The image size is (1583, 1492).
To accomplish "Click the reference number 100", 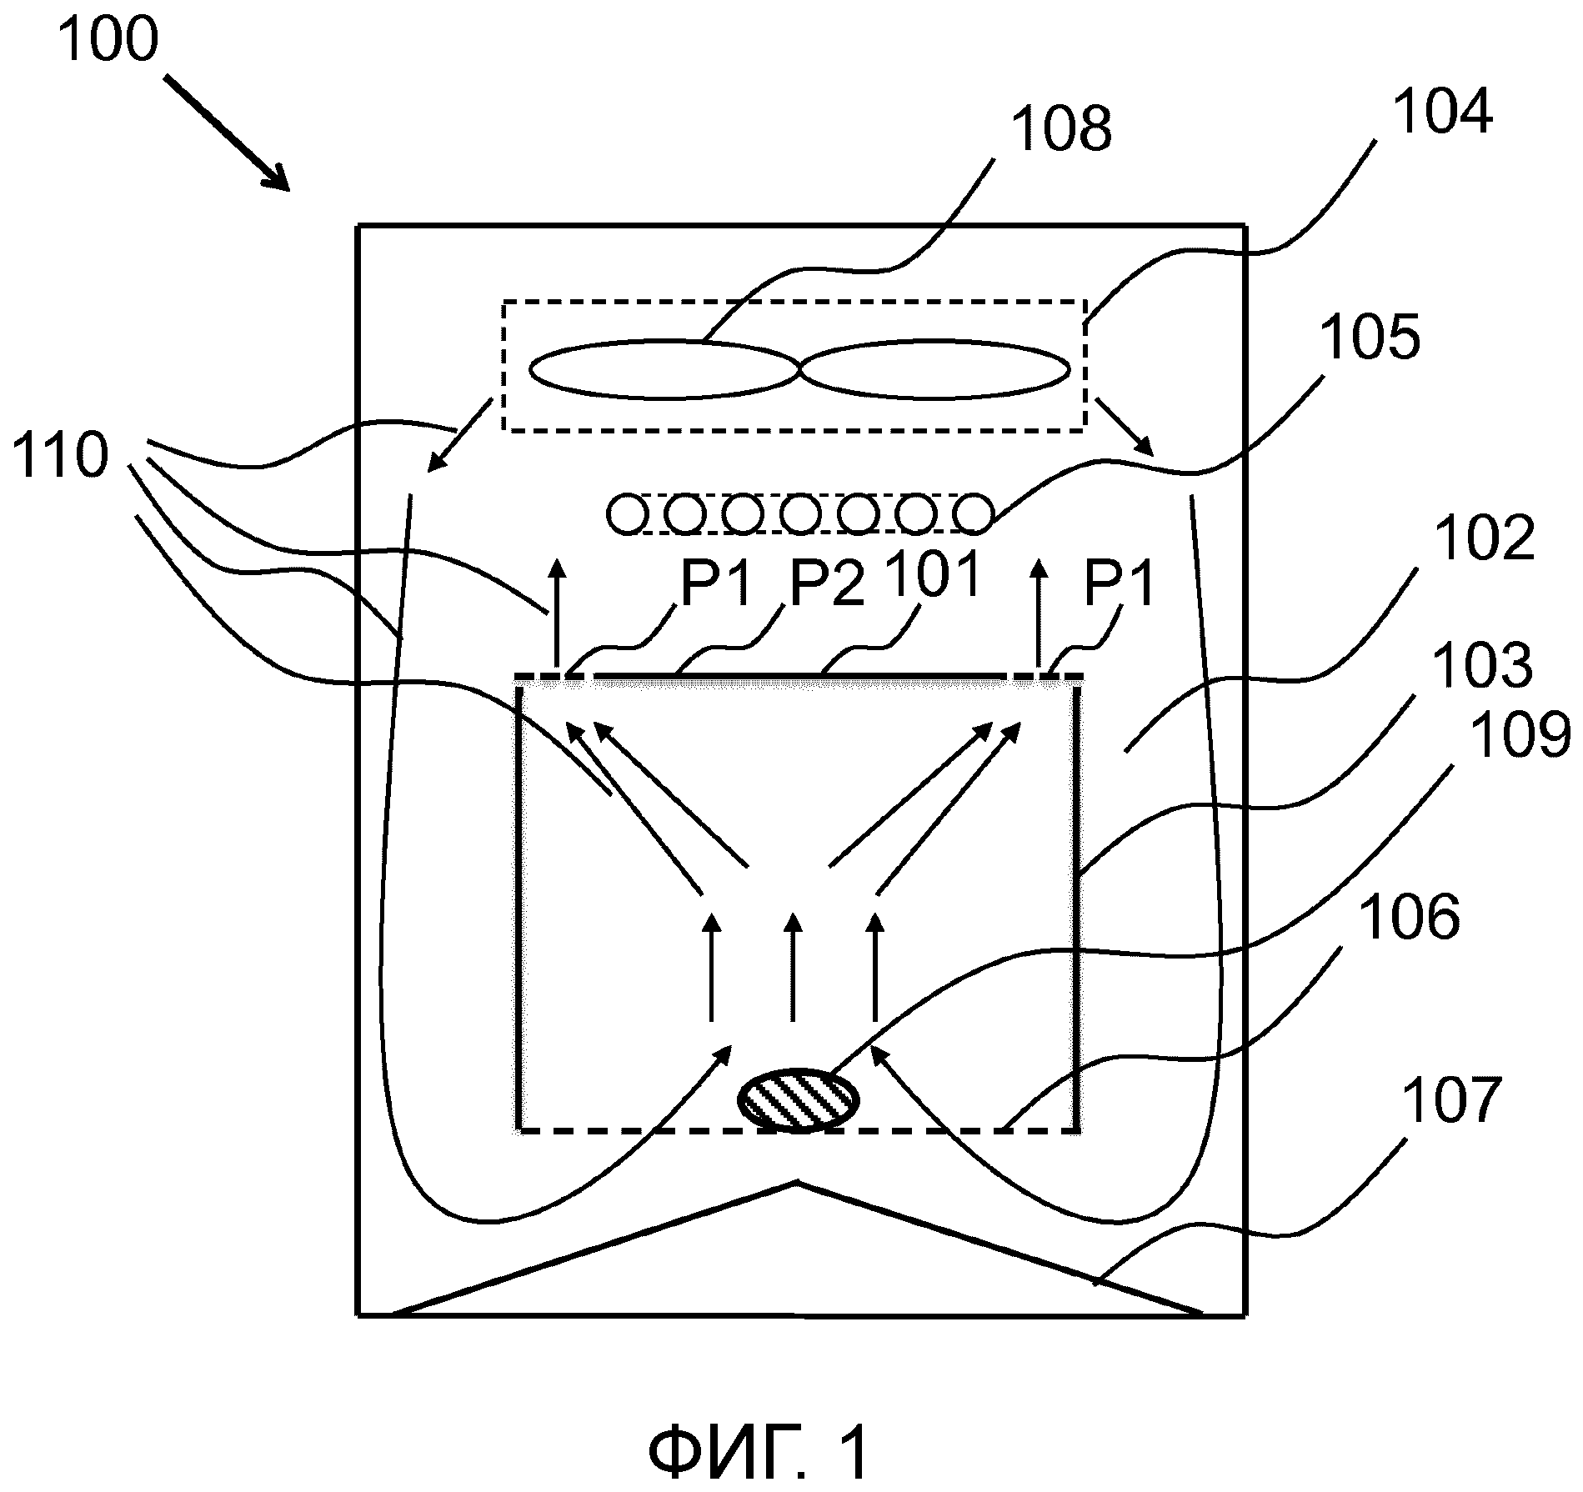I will click(x=108, y=40).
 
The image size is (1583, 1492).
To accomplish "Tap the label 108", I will click(x=1061, y=129).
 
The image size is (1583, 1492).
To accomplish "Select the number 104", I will click(x=1442, y=113).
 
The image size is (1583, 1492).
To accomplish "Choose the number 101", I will click(x=932, y=575).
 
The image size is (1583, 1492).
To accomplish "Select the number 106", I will click(x=1410, y=917).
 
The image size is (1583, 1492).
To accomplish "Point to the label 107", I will click(x=1451, y=1101).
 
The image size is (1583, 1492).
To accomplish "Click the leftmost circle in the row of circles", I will click(x=626, y=513).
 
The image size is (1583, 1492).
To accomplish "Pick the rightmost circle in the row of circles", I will click(x=973, y=513).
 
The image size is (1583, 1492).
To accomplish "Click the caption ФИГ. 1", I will click(x=758, y=1452).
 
